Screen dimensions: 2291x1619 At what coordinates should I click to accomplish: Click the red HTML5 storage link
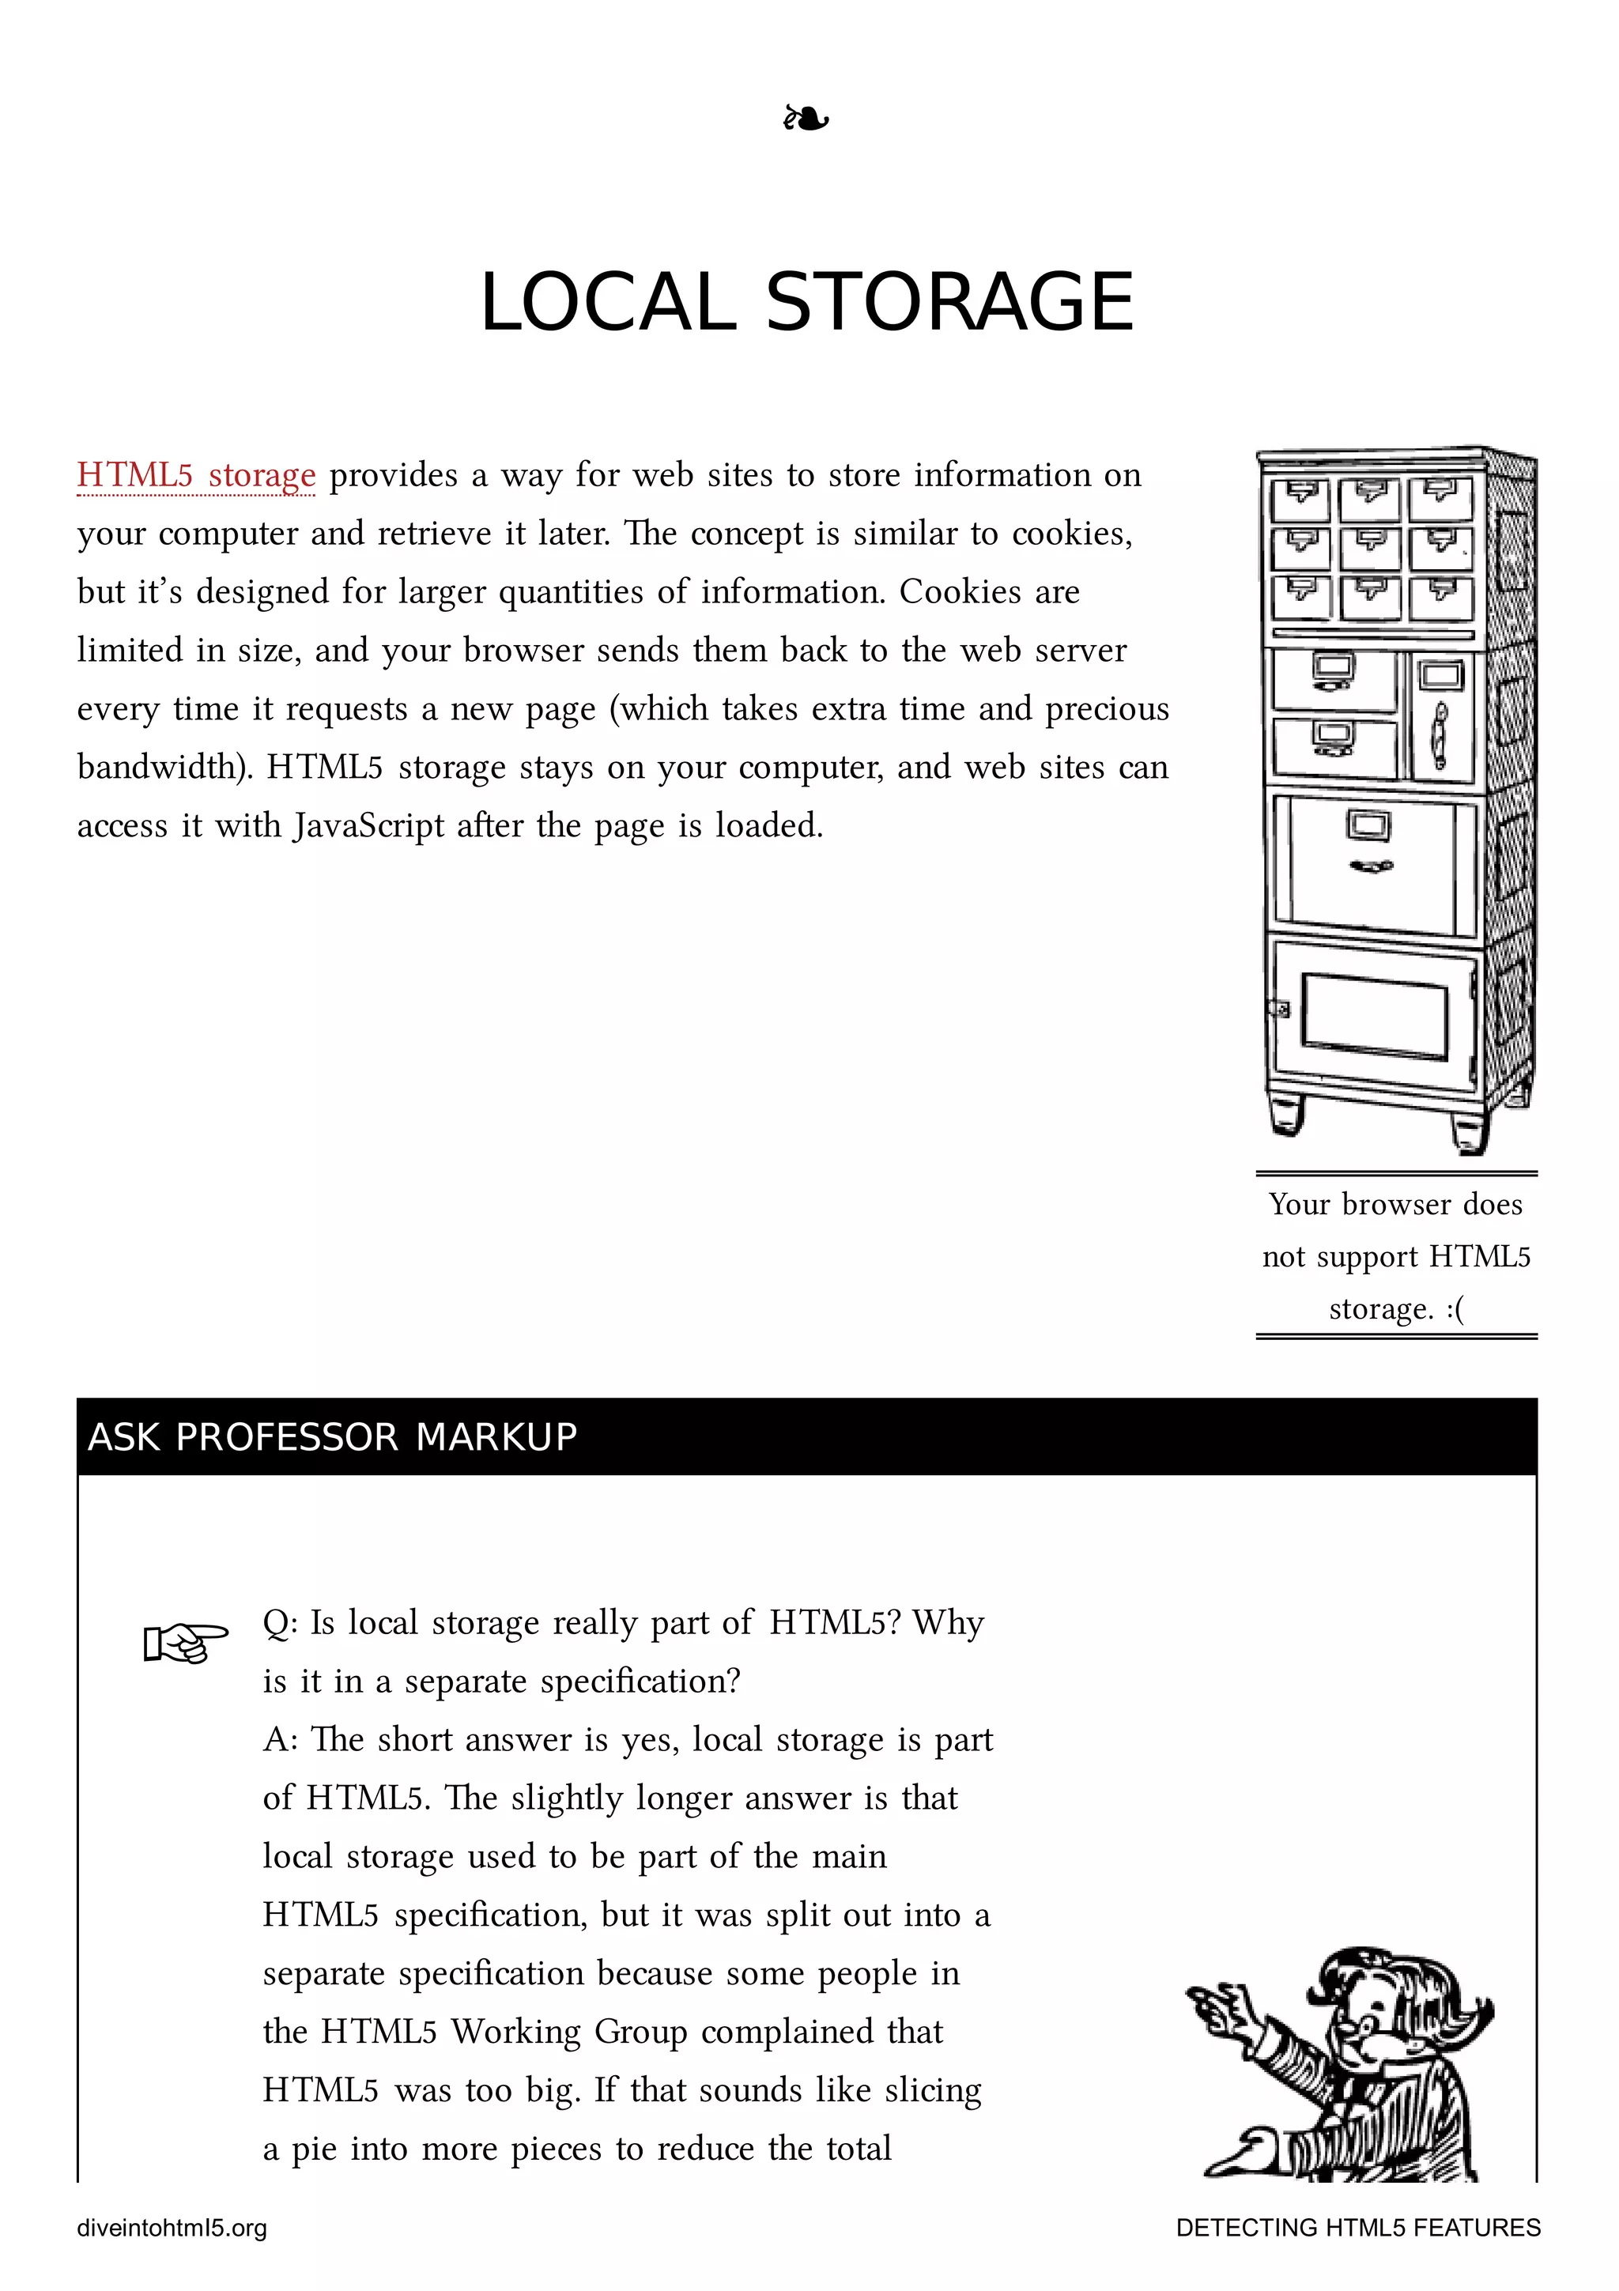tap(197, 475)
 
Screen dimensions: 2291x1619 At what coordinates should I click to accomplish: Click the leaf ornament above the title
tap(806, 119)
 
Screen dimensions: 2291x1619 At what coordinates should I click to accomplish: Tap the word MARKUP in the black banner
tap(496, 1438)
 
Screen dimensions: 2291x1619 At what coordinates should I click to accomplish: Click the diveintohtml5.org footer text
tap(172, 2228)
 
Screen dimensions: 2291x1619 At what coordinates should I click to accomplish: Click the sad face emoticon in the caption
tap(1455, 1309)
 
